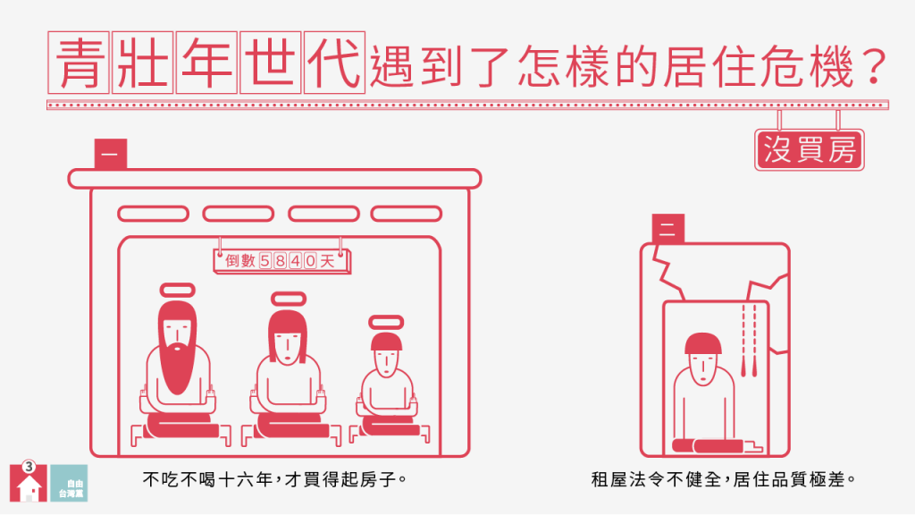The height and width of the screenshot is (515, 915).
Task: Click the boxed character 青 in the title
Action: click(79, 63)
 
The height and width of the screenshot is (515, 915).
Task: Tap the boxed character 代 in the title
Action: click(334, 63)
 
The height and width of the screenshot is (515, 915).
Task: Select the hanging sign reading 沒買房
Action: click(810, 149)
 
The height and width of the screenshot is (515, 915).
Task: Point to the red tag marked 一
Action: click(110, 154)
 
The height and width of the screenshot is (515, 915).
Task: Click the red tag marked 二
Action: click(668, 229)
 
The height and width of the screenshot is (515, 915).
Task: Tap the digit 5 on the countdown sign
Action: click(264, 260)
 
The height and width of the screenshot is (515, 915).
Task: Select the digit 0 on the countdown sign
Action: click(310, 260)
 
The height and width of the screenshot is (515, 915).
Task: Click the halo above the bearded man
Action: click(178, 291)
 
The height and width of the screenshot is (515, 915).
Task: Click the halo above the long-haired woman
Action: click(289, 299)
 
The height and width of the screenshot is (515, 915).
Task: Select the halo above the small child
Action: click(386, 322)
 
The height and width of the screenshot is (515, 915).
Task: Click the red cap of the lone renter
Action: click(703, 344)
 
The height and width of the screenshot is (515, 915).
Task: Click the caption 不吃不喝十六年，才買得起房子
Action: click(275, 480)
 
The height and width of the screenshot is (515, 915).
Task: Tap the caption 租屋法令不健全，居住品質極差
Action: click(723, 480)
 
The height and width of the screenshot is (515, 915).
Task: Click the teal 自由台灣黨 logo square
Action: click(69, 483)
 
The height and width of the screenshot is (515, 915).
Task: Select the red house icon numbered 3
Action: click(28, 482)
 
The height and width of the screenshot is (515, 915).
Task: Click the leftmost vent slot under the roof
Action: click(154, 214)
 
